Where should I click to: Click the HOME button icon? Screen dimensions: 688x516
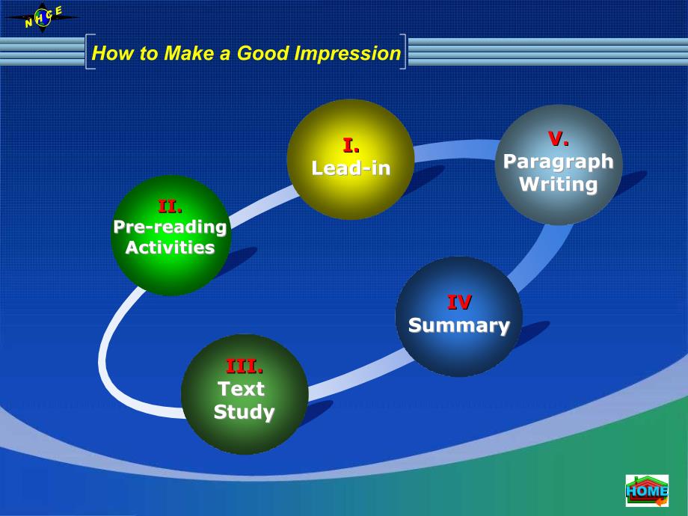pos(647,490)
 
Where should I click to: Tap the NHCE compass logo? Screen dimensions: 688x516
pos(42,17)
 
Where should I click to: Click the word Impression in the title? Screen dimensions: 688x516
pos(348,54)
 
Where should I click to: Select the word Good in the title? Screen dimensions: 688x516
pos(263,53)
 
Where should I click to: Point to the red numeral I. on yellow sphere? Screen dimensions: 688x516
pos(351,146)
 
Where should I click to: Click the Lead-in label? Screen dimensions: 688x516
pos(351,168)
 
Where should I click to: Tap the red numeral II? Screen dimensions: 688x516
pos(171,206)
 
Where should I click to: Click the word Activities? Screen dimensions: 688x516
pos(171,248)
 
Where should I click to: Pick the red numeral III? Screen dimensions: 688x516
pos(245,366)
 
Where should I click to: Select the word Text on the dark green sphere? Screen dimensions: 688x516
pos(241,389)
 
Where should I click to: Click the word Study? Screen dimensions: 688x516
pos(244,412)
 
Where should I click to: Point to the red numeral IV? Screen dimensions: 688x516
pos(459,302)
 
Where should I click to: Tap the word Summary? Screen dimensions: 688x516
pos(459,325)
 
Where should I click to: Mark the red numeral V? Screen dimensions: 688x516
pos(559,138)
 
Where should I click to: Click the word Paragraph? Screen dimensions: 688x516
pos(558,162)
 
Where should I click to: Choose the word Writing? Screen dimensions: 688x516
pos(558,184)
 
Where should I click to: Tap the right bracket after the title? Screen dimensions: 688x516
pos(403,52)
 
